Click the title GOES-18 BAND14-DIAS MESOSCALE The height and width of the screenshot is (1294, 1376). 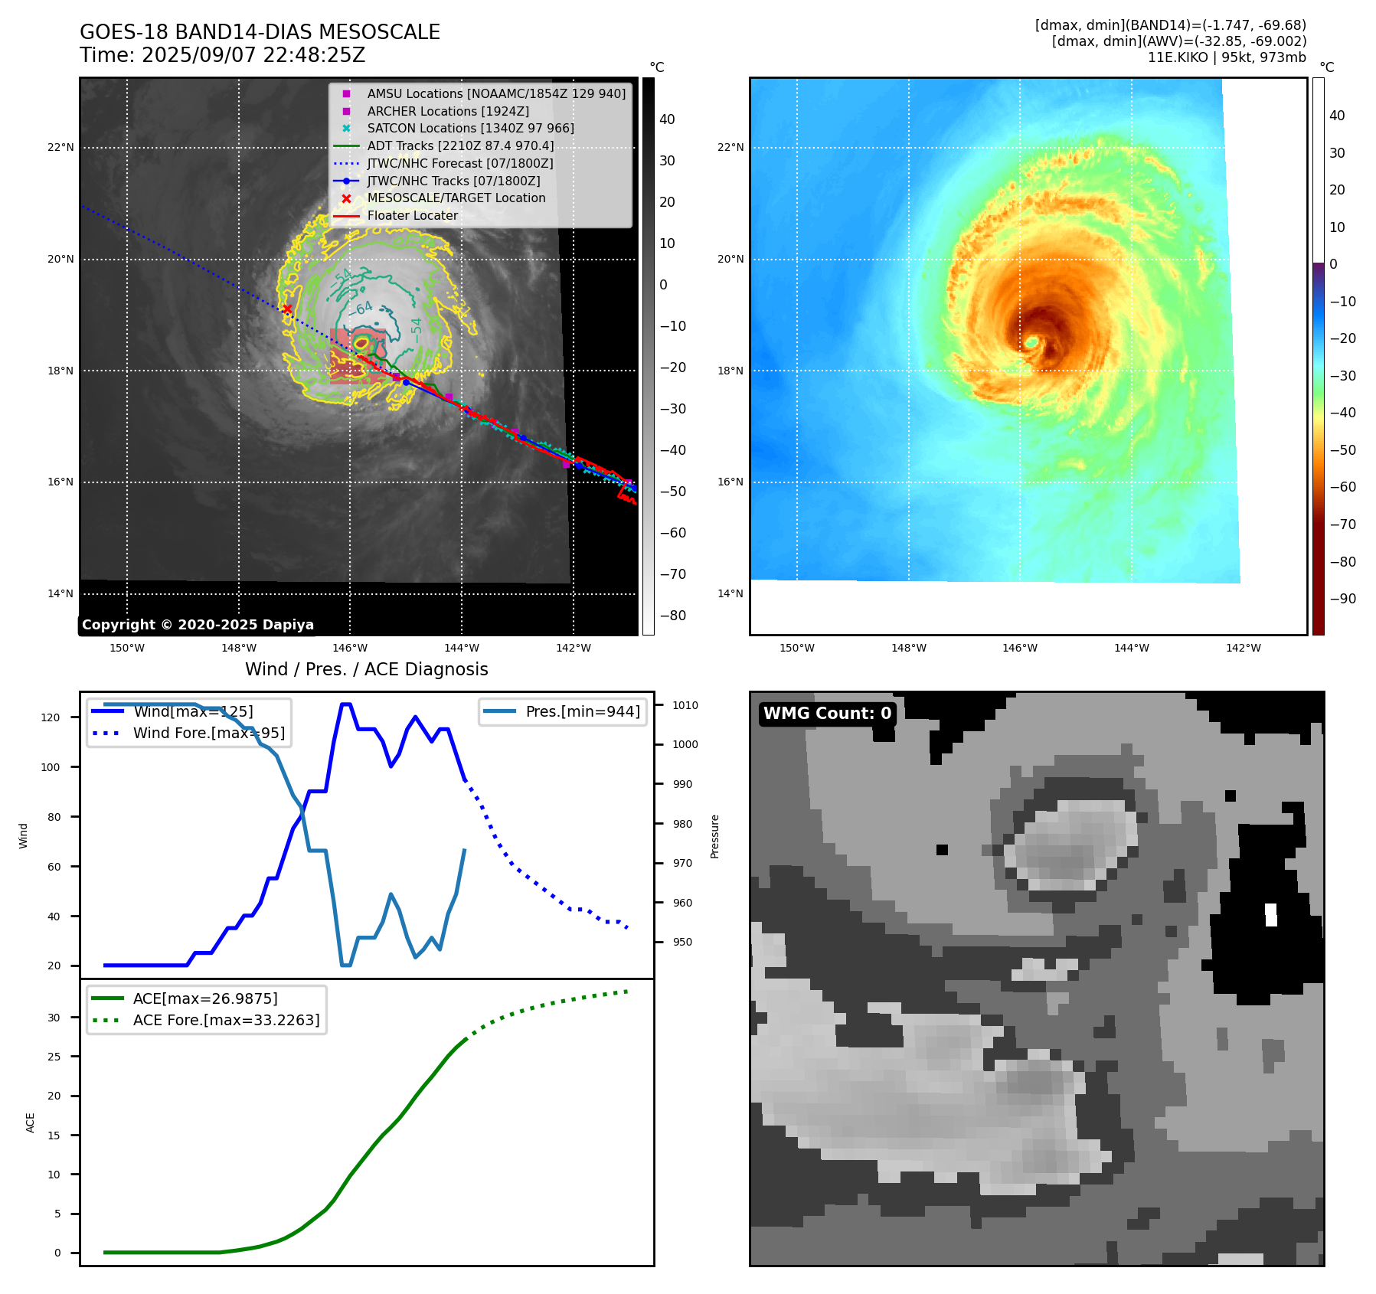tap(260, 32)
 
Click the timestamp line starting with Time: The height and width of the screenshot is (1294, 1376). tap(222, 55)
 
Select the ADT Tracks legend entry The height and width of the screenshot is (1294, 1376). tap(459, 145)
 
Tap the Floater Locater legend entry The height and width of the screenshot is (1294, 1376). tap(412, 215)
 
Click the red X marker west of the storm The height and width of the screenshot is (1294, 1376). tap(287, 309)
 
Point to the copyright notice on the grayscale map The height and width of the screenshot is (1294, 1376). tap(198, 625)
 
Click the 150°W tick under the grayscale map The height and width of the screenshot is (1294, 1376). tap(127, 648)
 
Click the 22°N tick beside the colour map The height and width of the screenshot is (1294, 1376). tap(730, 147)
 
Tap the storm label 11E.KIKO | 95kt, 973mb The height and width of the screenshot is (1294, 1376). tap(1227, 57)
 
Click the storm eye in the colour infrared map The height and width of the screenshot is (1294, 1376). tap(1031, 341)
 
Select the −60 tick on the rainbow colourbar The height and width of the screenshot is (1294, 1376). tap(1342, 487)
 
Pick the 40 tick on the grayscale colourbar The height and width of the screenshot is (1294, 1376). tap(667, 119)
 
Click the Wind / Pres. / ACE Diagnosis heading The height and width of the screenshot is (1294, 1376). tap(366, 669)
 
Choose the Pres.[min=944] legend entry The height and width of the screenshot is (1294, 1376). tap(582, 711)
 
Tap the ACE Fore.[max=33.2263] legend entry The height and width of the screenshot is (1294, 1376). tap(226, 1020)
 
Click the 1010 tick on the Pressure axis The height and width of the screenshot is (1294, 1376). tap(685, 705)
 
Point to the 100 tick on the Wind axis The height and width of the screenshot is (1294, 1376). tap(51, 767)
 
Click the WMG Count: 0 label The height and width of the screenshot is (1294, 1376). tap(827, 714)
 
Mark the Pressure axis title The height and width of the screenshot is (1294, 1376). tap(714, 836)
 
